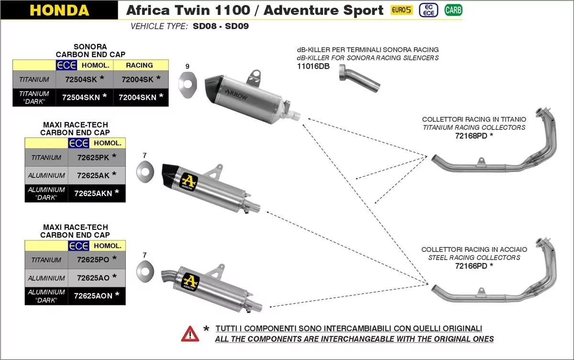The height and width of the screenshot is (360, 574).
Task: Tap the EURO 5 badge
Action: click(401, 10)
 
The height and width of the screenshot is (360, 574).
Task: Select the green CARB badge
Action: click(453, 10)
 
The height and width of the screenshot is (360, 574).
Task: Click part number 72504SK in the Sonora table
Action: click(81, 79)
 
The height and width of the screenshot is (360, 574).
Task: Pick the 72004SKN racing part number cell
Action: click(137, 97)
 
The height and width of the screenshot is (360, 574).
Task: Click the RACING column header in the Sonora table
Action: click(139, 65)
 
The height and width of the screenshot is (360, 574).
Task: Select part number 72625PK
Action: click(93, 157)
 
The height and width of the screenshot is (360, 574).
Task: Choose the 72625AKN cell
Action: click(93, 193)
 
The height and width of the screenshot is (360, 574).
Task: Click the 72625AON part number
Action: click(93, 295)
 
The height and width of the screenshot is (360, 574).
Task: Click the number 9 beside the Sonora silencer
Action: click(187, 66)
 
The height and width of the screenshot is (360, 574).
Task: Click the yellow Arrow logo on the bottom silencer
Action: click(189, 281)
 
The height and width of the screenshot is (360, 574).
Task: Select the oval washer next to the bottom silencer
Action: click(144, 271)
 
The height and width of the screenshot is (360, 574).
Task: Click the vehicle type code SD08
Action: click(203, 26)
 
